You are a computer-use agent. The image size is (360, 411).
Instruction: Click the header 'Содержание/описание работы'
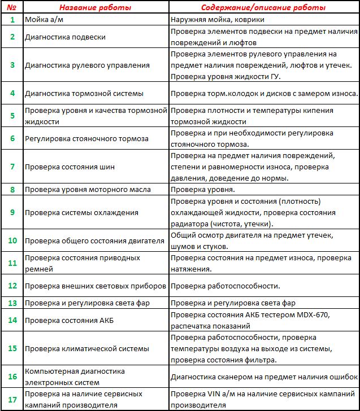pos(264,8)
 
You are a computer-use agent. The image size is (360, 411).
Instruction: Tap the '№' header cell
pos(12,8)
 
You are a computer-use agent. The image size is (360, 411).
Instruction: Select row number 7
pos(12,167)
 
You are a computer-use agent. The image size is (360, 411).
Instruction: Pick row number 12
pos(12,286)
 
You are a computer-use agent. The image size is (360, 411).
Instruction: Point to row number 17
pos(12,399)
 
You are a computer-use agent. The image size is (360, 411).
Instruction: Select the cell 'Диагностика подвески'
pos(66,37)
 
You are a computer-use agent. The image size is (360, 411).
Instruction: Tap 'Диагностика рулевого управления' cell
pos(88,65)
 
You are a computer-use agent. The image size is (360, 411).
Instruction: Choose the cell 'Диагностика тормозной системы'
pos(84,93)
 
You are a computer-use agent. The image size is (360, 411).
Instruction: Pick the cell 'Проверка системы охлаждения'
pos(81,212)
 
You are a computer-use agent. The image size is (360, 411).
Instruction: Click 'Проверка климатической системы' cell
pos(87,348)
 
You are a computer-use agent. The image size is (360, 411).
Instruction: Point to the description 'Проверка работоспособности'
pos(225,286)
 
